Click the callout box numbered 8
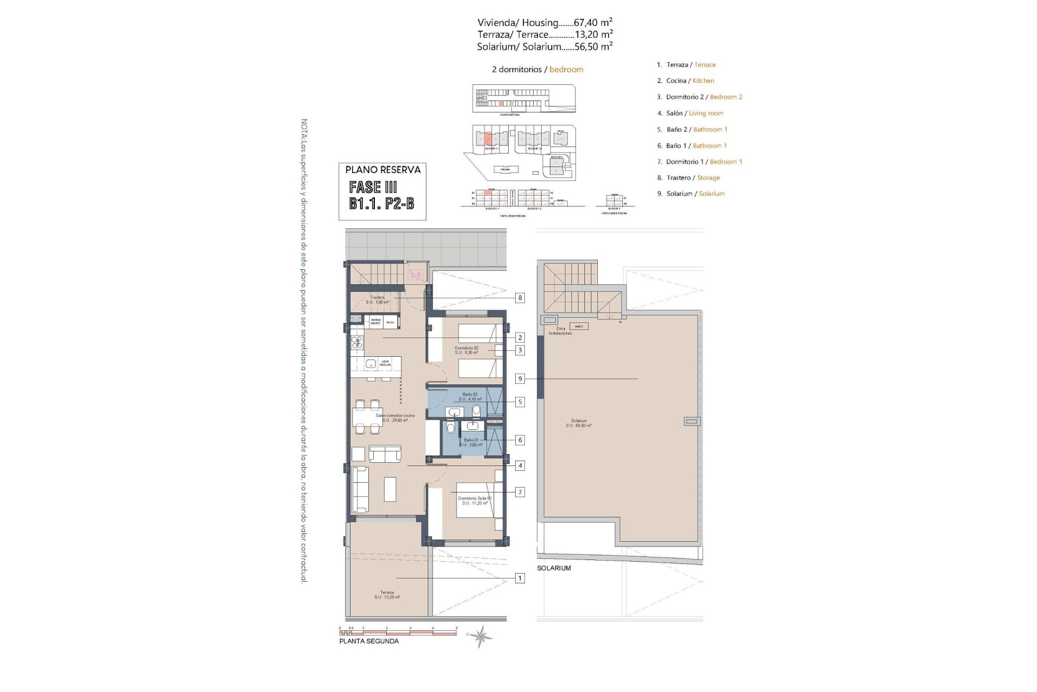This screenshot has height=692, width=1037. click(x=520, y=298)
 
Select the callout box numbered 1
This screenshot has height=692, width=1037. click(x=520, y=578)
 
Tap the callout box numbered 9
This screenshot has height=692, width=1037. click(x=520, y=379)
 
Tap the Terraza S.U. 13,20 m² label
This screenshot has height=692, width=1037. click(x=387, y=595)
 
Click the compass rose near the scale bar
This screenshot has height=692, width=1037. click(x=480, y=636)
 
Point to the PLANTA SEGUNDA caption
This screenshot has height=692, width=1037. click(x=369, y=641)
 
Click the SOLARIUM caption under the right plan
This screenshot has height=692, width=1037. click(x=554, y=568)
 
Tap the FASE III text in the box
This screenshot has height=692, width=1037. click(x=373, y=188)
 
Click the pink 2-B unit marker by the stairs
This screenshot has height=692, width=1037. click(x=415, y=276)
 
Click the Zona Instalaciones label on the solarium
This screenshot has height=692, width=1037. click(x=560, y=331)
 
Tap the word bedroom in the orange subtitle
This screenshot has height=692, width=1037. click(x=566, y=69)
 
